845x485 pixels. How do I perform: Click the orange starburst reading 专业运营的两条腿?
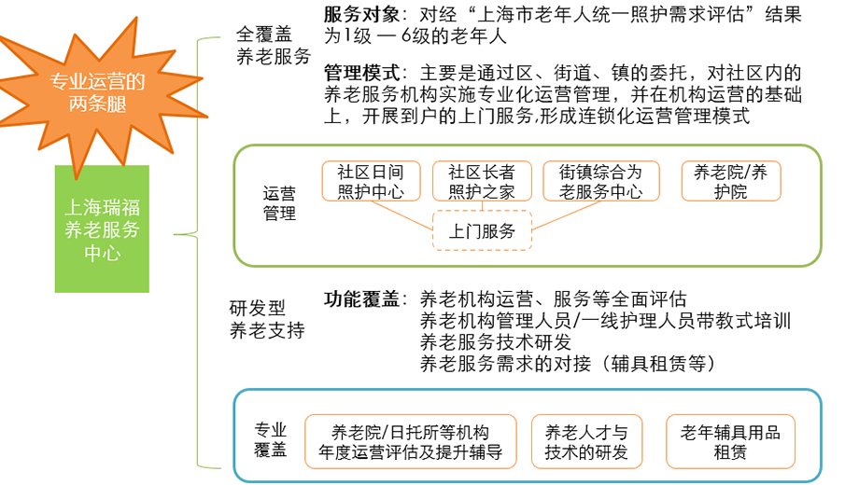(97, 92)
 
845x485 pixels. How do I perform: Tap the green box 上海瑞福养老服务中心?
(102, 229)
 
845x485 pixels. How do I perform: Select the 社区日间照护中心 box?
(371, 181)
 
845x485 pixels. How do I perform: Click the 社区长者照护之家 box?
(482, 181)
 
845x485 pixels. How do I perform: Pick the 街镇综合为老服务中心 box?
(601, 181)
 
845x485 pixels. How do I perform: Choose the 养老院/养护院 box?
(731, 181)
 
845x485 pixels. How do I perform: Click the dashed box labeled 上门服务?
(482, 230)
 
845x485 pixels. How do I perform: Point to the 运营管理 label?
(279, 203)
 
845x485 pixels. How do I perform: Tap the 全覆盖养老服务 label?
(274, 45)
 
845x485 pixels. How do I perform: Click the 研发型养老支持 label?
(267, 319)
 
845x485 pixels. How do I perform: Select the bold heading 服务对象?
(361, 15)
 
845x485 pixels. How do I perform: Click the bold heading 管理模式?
(361, 72)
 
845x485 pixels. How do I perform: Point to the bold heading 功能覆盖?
(361, 298)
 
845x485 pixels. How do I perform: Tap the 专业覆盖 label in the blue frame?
(271, 440)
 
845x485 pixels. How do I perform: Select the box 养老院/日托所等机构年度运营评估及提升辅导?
(411, 441)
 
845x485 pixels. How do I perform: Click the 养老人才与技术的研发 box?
(586, 441)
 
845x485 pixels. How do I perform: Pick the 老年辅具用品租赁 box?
(730, 441)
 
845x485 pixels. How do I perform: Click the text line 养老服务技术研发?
(495, 341)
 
